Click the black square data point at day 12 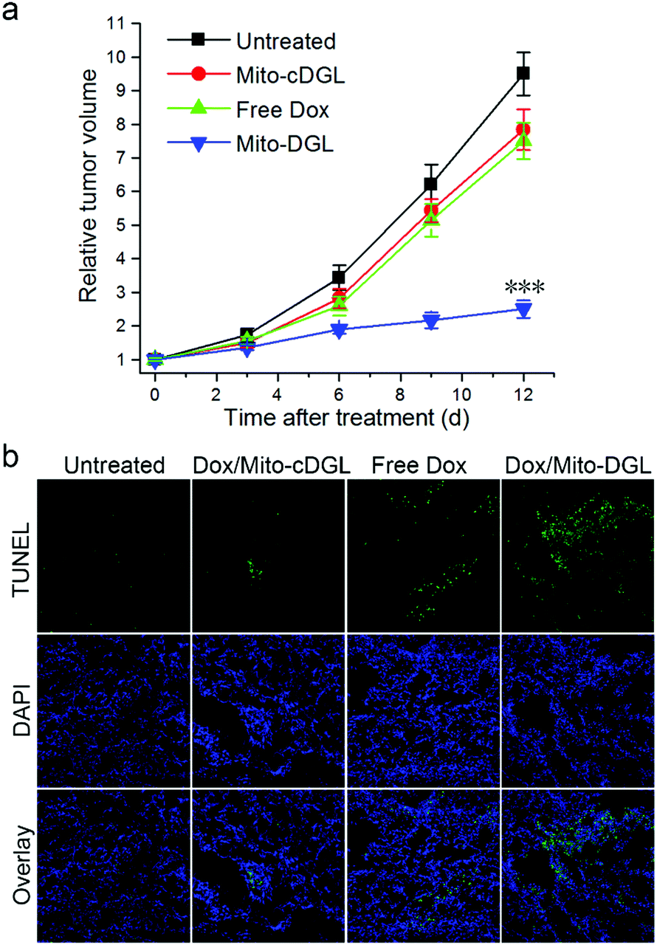[x=523, y=73]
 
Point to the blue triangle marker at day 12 [x=523, y=309]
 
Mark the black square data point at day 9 [x=431, y=184]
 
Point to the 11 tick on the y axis [x=131, y=23]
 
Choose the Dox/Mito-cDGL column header [x=268, y=466]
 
